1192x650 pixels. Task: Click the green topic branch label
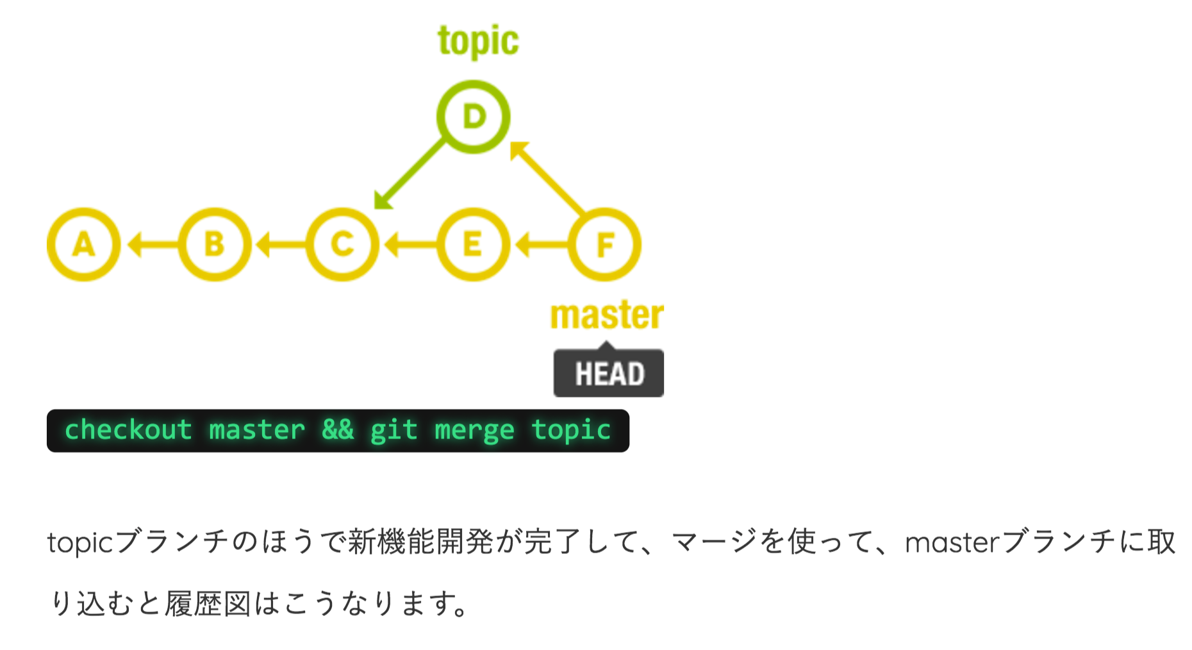(478, 42)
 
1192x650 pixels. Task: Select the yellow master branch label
(607, 315)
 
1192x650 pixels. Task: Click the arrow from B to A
(153, 244)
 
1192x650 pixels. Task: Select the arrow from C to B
(281, 244)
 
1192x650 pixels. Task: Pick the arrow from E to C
(411, 244)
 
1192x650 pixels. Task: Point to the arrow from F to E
(542, 244)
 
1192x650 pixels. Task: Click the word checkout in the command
(128, 429)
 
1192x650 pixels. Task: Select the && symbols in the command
(338, 429)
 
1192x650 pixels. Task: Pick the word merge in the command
(474, 430)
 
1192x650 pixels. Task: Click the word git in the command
(393, 430)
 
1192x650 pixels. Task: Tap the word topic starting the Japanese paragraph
(80, 543)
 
